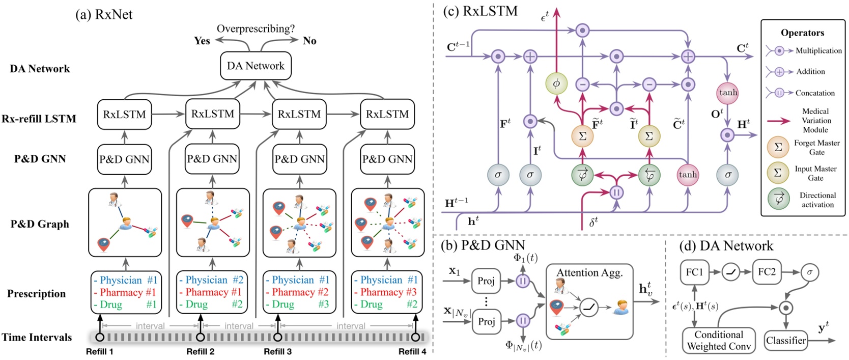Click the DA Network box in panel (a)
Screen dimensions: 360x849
(256, 66)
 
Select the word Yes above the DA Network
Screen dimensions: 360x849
(202, 41)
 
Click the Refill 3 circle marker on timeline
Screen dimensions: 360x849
(278, 337)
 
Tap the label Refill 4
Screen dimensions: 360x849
(412, 351)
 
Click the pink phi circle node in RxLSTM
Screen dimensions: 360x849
(556, 84)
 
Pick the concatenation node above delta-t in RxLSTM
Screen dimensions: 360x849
(616, 193)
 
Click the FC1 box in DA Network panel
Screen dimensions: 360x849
(695, 272)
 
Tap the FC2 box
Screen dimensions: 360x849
(767, 272)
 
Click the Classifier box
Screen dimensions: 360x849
(786, 341)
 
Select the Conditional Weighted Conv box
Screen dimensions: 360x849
(719, 341)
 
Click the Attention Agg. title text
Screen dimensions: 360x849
(589, 273)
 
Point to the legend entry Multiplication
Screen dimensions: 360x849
(818, 50)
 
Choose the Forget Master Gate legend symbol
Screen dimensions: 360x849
(778, 147)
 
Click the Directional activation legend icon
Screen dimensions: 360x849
(779, 200)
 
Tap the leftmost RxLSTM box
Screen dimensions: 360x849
(124, 115)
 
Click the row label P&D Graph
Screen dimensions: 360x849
(40, 224)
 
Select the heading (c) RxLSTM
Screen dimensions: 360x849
(480, 11)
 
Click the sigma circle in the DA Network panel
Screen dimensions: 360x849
(809, 272)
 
